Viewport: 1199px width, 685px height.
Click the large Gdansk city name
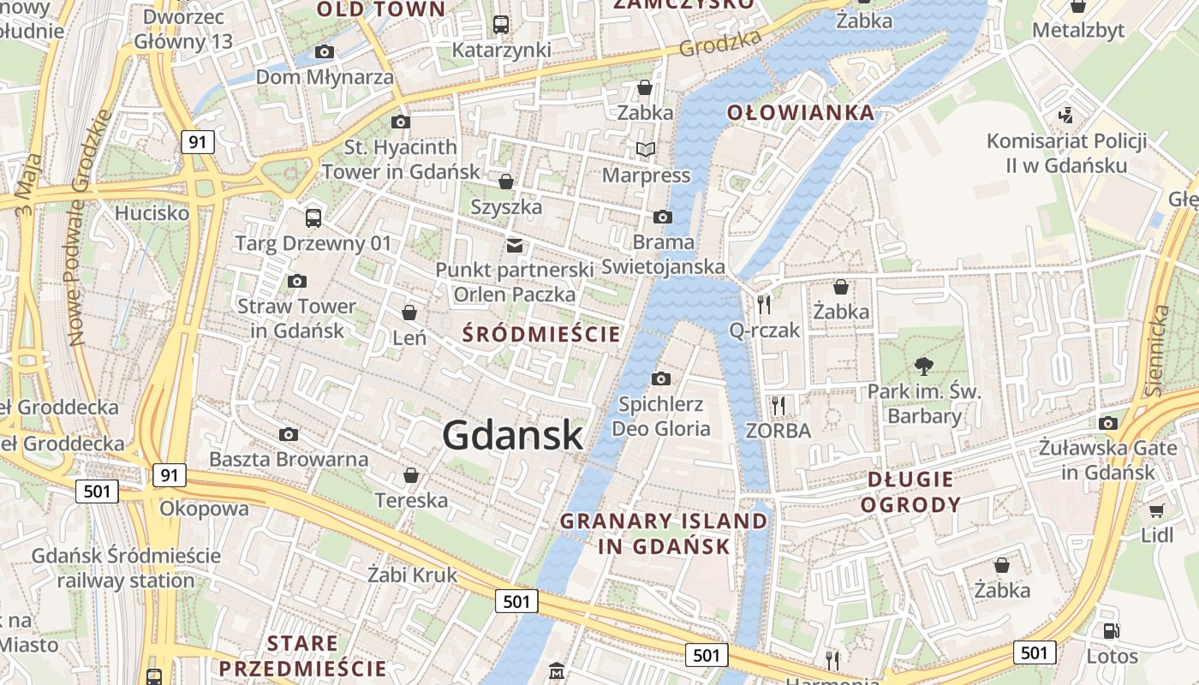pos(513,436)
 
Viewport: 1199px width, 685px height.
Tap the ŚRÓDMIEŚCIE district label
pos(541,335)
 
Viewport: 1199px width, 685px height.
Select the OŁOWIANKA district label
pos(801,112)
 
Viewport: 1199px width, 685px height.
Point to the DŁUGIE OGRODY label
pos(910,491)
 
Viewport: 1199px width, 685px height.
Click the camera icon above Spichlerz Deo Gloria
pos(661,378)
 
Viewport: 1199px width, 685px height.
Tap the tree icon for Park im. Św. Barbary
pos(923,366)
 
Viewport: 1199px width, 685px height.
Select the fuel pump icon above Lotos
pos(1112,631)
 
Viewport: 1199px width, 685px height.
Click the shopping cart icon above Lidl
pos(1156,510)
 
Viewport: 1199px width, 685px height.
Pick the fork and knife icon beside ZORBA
pos(778,405)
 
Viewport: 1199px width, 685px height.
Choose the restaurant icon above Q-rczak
pos(764,303)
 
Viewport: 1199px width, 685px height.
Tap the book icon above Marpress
pos(646,150)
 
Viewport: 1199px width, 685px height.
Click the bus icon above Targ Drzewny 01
pos(313,217)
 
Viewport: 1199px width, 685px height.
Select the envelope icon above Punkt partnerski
pos(514,246)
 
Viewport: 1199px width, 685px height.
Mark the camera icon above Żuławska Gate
pos(1108,423)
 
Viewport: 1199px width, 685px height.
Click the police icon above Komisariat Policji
pos(1066,115)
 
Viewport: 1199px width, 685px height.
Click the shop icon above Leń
pos(409,313)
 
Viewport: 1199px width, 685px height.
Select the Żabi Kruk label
pos(412,575)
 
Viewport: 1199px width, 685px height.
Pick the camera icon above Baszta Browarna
pos(289,434)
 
